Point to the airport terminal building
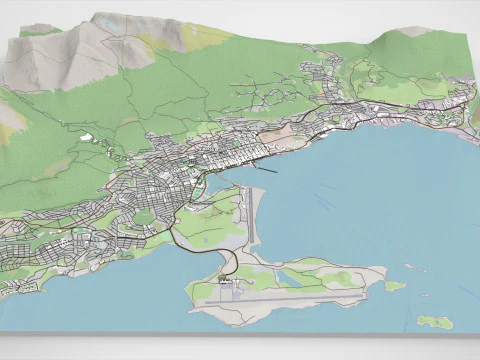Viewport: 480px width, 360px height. tap(224, 285)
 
